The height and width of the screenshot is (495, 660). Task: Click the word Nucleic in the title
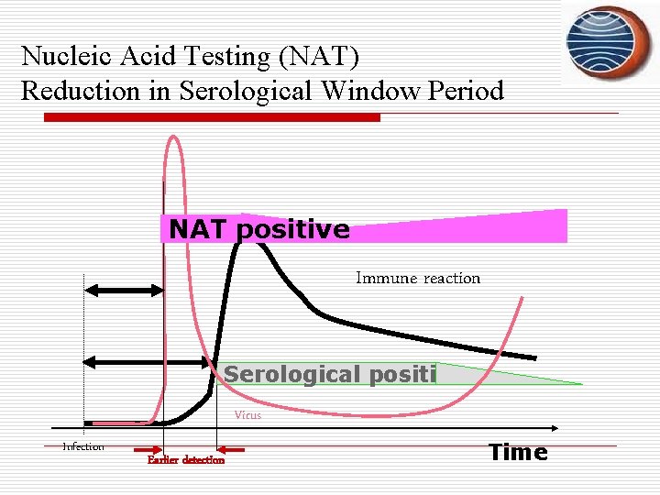[59, 57]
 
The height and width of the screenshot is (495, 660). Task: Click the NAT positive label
[259, 229]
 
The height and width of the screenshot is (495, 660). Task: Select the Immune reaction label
[417, 278]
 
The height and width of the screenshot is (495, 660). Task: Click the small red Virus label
[247, 415]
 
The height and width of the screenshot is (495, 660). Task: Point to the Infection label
[83, 447]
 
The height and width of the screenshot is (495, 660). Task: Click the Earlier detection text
[186, 460]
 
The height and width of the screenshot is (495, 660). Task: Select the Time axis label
[518, 452]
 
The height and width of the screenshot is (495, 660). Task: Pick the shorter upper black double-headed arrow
[124, 291]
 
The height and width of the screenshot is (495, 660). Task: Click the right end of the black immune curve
[534, 357]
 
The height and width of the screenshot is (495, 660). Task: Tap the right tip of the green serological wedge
[580, 383]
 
